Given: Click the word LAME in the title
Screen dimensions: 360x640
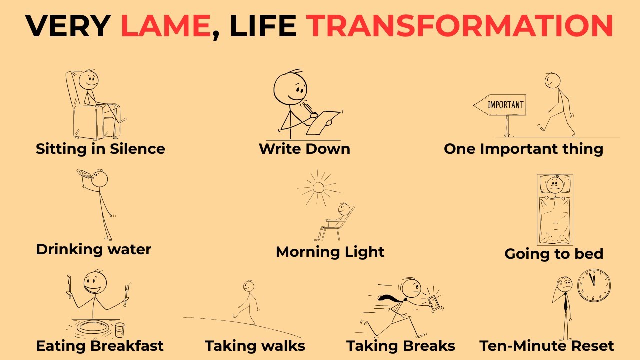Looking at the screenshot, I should [165, 26].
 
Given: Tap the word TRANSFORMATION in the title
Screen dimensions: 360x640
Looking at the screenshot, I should [460, 26].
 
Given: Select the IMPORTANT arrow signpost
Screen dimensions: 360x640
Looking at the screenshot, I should [500, 105].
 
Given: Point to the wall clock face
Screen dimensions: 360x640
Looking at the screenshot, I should [594, 285].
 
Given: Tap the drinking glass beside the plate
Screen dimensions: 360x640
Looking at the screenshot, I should [120, 330].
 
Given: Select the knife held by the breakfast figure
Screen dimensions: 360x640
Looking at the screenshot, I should [70, 287].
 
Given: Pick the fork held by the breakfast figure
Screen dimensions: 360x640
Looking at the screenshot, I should [126, 292].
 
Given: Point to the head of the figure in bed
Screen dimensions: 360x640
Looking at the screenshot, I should [554, 185].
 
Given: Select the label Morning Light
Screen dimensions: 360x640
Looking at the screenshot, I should [330, 252].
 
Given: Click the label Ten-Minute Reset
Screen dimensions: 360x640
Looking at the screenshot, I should [547, 346].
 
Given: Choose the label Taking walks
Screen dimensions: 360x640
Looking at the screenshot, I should [255, 346].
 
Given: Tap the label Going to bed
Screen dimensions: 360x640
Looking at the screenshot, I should [554, 254].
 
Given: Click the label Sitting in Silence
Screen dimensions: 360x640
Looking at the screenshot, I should [100, 149].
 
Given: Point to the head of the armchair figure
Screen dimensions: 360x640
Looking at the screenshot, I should [90, 79].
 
